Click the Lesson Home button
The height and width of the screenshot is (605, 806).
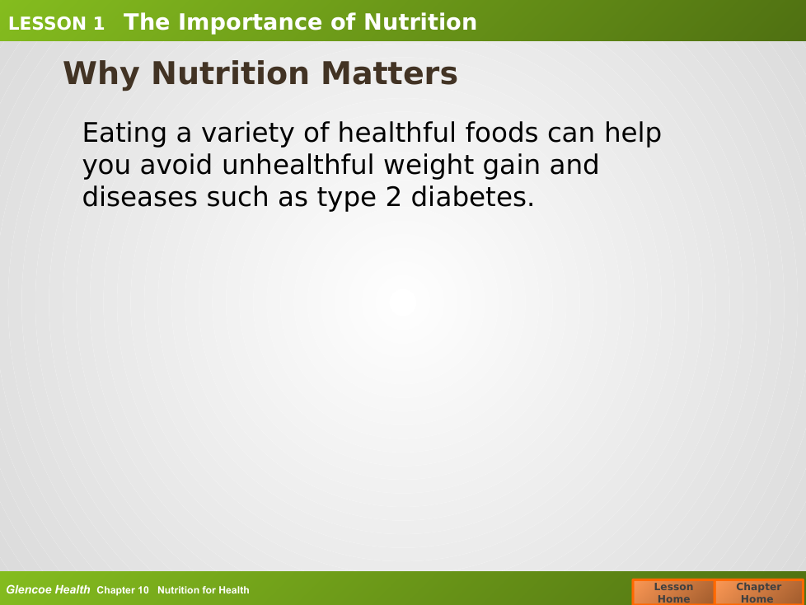pos(673,592)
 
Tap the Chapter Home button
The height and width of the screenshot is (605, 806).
pos(759,592)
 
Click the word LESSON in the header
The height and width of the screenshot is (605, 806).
pos(47,24)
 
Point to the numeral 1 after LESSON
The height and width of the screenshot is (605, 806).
pos(98,24)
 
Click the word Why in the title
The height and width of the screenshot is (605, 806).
pos(101,74)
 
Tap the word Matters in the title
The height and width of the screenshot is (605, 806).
pos(389,73)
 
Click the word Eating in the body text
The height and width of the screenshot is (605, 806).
pos(124,134)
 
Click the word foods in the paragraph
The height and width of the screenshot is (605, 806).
pos(502,133)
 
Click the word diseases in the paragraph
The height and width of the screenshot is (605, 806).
pos(140,197)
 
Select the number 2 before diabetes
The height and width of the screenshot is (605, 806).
pos(393,198)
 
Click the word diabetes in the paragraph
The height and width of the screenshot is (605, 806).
pos(473,197)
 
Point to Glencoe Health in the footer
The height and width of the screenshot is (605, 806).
pos(48,589)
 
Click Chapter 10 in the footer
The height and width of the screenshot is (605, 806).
pos(123,590)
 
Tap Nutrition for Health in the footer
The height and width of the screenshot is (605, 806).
pos(203,590)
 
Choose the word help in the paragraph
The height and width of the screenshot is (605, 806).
pos(633,134)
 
